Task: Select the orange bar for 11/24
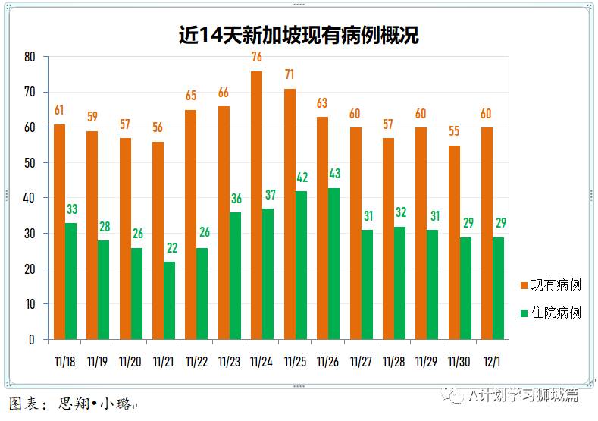point(256,205)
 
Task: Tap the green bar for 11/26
point(333,263)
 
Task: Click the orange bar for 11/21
point(158,240)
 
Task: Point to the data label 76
point(256,58)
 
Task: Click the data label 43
point(334,174)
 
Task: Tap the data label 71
point(290,75)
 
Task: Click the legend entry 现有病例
point(555,285)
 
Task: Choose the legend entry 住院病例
point(555,313)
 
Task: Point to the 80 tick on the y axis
point(30,57)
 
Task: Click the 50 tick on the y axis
point(30,163)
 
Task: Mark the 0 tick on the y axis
point(33,340)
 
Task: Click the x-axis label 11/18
point(64,362)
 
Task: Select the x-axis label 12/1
point(492,362)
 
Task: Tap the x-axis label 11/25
point(295,362)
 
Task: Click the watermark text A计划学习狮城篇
point(523,395)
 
